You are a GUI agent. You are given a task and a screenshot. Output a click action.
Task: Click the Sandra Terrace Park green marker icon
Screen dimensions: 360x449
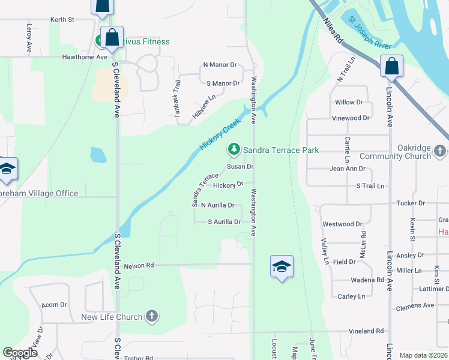[x=234, y=149]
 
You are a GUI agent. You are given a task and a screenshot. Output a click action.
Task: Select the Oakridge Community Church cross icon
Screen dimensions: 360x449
[x=440, y=151]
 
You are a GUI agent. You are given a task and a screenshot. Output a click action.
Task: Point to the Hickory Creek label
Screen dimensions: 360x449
[x=220, y=133]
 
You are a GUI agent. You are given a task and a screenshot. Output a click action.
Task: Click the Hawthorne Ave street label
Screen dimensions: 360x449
[x=85, y=58]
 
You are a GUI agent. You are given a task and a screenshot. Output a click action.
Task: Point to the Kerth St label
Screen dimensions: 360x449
[x=62, y=20]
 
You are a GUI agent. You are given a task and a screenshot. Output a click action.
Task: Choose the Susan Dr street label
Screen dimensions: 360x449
[x=240, y=167]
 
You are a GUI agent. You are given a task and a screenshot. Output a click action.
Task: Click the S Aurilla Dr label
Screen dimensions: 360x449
[x=224, y=222]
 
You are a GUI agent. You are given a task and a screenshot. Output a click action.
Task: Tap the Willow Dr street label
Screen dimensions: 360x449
[x=349, y=103]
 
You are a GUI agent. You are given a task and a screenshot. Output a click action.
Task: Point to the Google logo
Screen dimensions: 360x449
[x=20, y=353]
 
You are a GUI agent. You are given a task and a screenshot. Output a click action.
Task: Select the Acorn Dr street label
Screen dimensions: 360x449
[x=54, y=305]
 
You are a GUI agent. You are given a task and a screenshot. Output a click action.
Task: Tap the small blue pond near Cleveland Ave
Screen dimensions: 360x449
[x=98, y=155]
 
